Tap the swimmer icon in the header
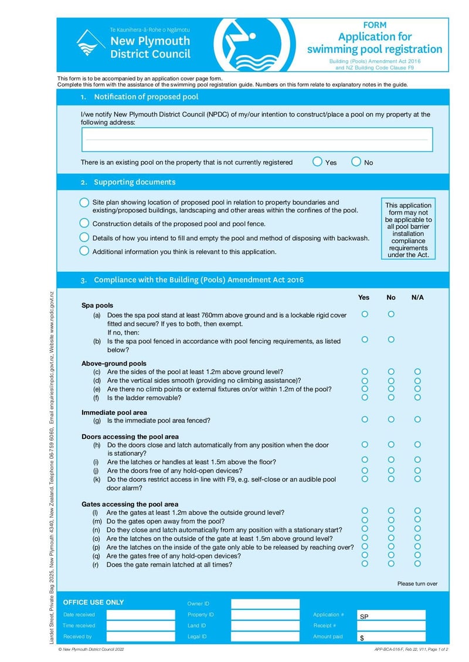pyautogui.click(x=243, y=45)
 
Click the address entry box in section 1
pyautogui.click(x=257, y=139)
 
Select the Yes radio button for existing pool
pyautogui.click(x=317, y=162)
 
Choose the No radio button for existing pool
pyautogui.click(x=356, y=162)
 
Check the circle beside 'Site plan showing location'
pyautogui.click(x=84, y=202)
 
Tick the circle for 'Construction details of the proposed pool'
pyautogui.click(x=84, y=223)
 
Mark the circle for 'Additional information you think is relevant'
pyautogui.click(x=84, y=251)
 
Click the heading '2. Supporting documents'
pyautogui.click(x=134, y=182)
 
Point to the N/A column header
pyautogui.click(x=417, y=298)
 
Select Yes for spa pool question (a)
pyautogui.click(x=365, y=314)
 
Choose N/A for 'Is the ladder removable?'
pyautogui.click(x=417, y=397)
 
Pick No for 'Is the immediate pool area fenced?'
pyautogui.click(x=391, y=419)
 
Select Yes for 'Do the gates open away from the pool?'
pyautogui.click(x=365, y=520)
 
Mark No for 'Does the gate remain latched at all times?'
pyautogui.click(x=391, y=564)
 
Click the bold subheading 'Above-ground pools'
pyautogui.click(x=114, y=363)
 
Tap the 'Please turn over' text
pyautogui.click(x=417, y=583)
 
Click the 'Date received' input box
pyautogui.click(x=141, y=615)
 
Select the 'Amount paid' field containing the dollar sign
pyautogui.click(x=391, y=637)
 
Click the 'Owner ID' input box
pyautogui.click(x=265, y=604)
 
